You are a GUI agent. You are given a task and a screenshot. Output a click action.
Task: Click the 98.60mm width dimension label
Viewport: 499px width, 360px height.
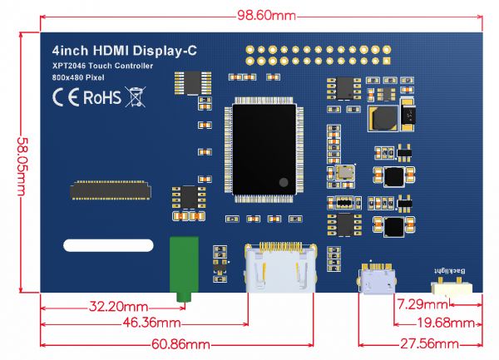266,15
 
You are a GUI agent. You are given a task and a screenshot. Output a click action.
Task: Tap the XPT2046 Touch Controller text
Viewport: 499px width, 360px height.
102,65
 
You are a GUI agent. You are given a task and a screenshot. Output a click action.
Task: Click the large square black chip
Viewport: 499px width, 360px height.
264,150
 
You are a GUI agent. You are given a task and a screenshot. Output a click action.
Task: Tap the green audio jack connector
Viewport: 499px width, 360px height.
183,268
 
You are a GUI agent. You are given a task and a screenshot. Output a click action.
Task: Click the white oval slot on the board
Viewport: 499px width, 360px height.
109,246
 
